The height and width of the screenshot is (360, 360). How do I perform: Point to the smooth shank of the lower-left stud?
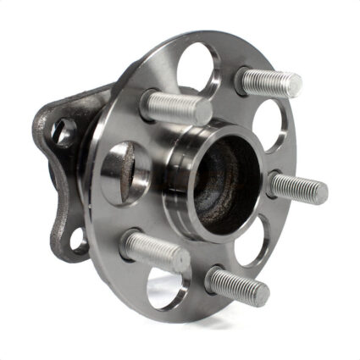tap(140, 246)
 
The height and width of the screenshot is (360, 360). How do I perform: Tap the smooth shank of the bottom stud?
tap(220, 279)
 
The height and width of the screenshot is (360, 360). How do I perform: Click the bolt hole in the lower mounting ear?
tap(78, 238)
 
